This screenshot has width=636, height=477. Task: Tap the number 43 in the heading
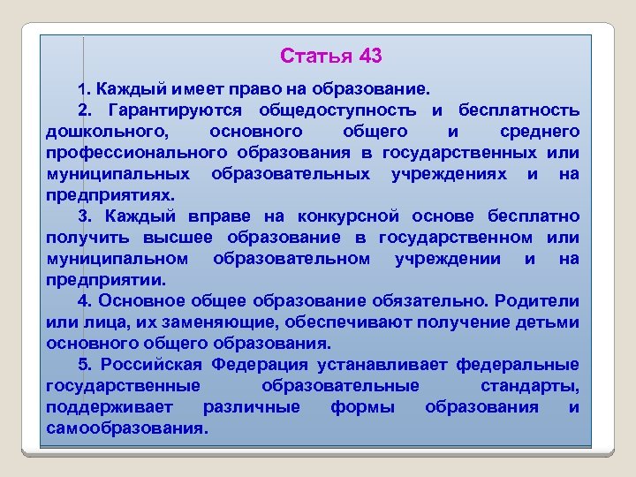point(371,57)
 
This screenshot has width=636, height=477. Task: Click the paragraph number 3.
point(82,216)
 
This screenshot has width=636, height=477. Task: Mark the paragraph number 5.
point(82,365)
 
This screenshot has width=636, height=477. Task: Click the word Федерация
point(266,365)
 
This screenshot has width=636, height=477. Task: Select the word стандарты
point(530,386)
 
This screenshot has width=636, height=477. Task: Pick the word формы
point(362,407)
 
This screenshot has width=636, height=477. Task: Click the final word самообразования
point(125,428)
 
